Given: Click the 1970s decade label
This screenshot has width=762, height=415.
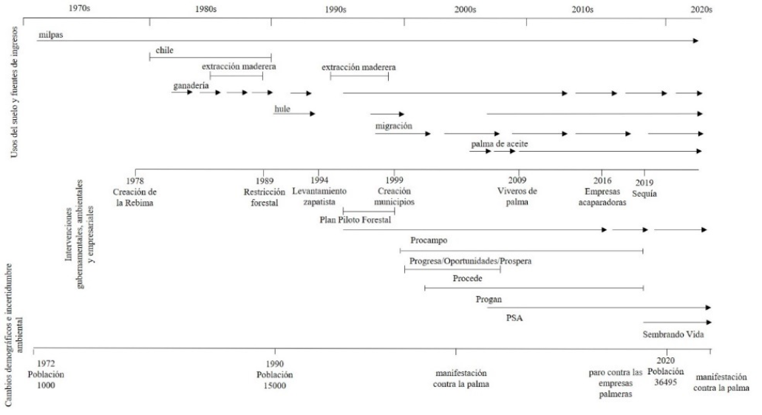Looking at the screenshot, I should [80, 8].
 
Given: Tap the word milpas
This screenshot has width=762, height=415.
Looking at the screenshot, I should [50, 34].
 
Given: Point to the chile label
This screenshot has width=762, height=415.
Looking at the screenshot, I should [164, 51].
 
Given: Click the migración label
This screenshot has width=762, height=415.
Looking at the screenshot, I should [393, 126].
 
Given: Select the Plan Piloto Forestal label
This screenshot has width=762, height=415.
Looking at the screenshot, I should [354, 220].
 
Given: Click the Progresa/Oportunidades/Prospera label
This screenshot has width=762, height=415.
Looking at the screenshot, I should [470, 261].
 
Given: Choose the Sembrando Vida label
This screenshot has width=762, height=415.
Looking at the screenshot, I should [672, 334].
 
